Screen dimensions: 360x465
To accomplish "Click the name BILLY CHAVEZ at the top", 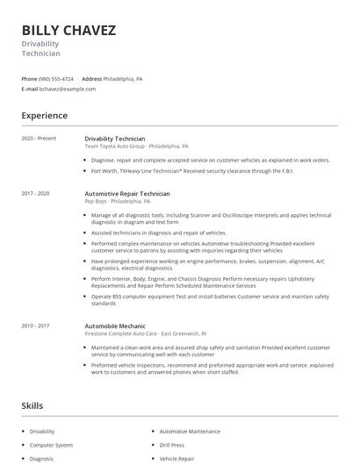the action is pos(68,31).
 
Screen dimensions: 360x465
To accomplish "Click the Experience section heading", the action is pos(45,115).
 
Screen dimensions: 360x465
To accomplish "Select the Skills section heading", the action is pos(32,405).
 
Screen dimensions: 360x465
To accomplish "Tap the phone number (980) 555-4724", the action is pos(57,78).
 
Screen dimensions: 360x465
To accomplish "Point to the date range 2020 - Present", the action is pos(39,139).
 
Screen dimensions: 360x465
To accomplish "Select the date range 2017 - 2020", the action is pos(36,193).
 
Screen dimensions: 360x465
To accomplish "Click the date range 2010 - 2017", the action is pos(36,325).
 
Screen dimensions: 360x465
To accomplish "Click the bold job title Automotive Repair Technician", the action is pos(127,193).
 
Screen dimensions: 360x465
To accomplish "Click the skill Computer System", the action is pos(52,445).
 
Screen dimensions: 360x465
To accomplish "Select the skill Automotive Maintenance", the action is pos(190,432).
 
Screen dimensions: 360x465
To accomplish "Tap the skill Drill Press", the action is pos(172,445).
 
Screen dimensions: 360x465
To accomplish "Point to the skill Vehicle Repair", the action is pos(176,458).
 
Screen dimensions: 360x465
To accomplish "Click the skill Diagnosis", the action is pos(42,458).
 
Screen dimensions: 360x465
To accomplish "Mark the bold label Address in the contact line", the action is pos(92,78).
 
